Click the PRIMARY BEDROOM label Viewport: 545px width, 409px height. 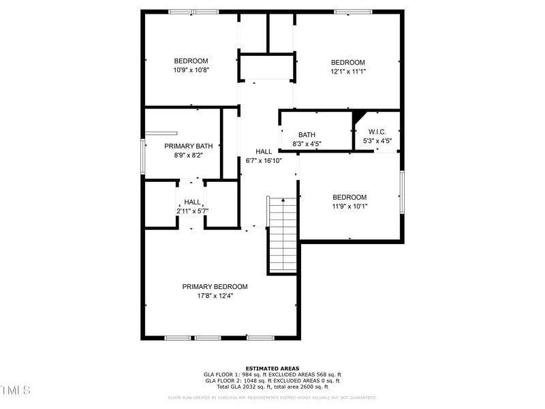(215, 287)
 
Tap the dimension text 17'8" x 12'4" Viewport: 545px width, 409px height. (215, 296)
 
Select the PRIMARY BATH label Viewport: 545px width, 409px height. (189, 146)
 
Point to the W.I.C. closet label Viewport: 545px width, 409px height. (377, 132)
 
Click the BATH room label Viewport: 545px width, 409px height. (307, 135)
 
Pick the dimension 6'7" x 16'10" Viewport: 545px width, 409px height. (264, 161)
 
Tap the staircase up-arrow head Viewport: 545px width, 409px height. (283, 200)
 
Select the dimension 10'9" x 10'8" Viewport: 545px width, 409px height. (191, 70)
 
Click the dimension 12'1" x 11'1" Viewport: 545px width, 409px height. (348, 71)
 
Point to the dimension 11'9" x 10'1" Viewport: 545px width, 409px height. (349, 207)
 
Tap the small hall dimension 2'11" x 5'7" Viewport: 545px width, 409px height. (192, 211)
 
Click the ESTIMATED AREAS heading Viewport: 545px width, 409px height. (272, 369)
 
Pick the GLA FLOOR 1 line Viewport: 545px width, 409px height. (272, 375)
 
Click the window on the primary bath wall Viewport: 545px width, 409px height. (143, 156)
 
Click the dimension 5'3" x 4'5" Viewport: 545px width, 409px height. (377, 141)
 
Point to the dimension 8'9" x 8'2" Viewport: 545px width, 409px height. (189, 155)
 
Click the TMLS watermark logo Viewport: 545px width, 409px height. (16, 391)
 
